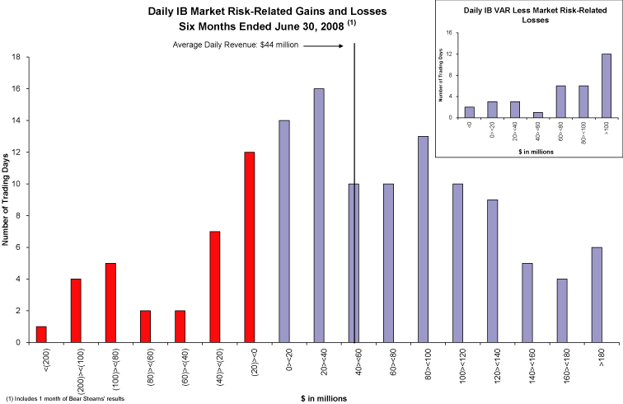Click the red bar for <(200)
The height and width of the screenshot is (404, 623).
pyautogui.click(x=41, y=334)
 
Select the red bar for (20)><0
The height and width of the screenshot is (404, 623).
pyautogui.click(x=250, y=247)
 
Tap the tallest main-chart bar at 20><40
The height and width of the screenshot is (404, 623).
pyautogui.click(x=319, y=215)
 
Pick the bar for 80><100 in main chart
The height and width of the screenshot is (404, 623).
pyautogui.click(x=423, y=239)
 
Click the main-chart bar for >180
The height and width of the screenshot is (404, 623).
pyautogui.click(x=597, y=294)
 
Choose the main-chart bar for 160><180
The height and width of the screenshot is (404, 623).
pyautogui.click(x=562, y=310)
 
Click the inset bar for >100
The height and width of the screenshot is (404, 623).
pyautogui.click(x=607, y=86)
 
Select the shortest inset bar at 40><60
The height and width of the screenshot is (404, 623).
pyautogui.click(x=537, y=115)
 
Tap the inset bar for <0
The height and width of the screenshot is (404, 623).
pyautogui.click(x=470, y=112)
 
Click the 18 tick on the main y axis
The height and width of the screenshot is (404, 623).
pyautogui.click(x=16, y=57)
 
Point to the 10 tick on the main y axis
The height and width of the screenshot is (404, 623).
pyautogui.click(x=16, y=184)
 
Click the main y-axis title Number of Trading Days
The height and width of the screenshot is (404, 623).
pyautogui.click(x=6, y=199)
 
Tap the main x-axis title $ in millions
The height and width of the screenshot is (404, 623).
pyautogui.click(x=324, y=397)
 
